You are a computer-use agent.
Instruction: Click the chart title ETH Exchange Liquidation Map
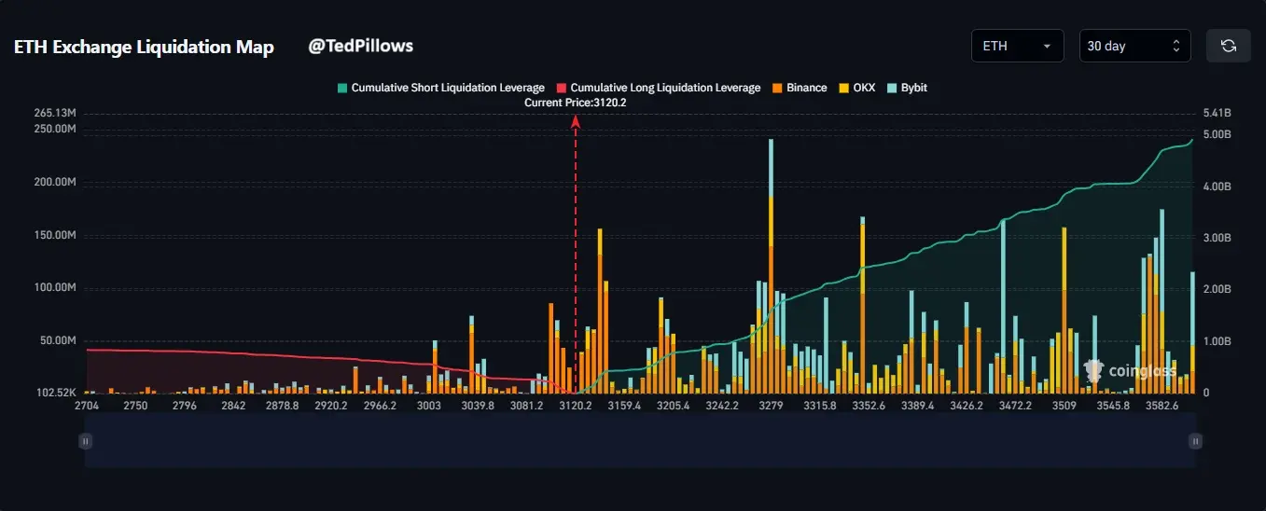coord(144,48)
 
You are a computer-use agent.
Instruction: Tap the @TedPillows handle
coord(360,46)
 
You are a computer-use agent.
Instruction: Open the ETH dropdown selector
coord(1017,46)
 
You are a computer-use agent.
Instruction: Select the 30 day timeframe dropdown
coord(1134,46)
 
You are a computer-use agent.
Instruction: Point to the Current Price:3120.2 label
coord(575,103)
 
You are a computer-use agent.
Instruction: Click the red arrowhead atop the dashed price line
coord(576,120)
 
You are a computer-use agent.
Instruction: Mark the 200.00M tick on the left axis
coord(54,182)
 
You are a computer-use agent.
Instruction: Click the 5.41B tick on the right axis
coord(1217,113)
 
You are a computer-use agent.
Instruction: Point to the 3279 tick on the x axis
coord(771,406)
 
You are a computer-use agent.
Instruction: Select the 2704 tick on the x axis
coord(87,406)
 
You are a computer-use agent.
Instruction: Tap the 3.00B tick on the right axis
coord(1217,238)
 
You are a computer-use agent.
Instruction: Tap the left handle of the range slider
coord(86,441)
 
